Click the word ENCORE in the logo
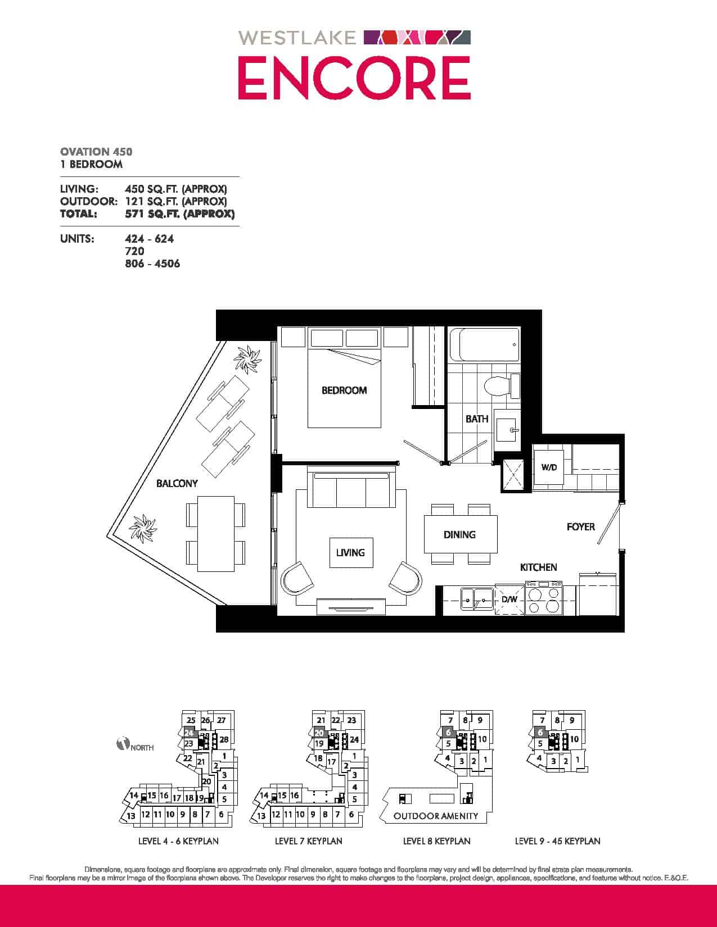(354, 78)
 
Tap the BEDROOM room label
(344, 390)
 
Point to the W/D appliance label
(549, 467)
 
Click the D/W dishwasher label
(509, 599)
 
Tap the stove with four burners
(544, 598)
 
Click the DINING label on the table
(459, 534)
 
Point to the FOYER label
(581, 527)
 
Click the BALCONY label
(177, 483)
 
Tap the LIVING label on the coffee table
(350, 552)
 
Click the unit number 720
(134, 251)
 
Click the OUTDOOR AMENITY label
(436, 816)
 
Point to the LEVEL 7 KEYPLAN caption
(308, 841)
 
